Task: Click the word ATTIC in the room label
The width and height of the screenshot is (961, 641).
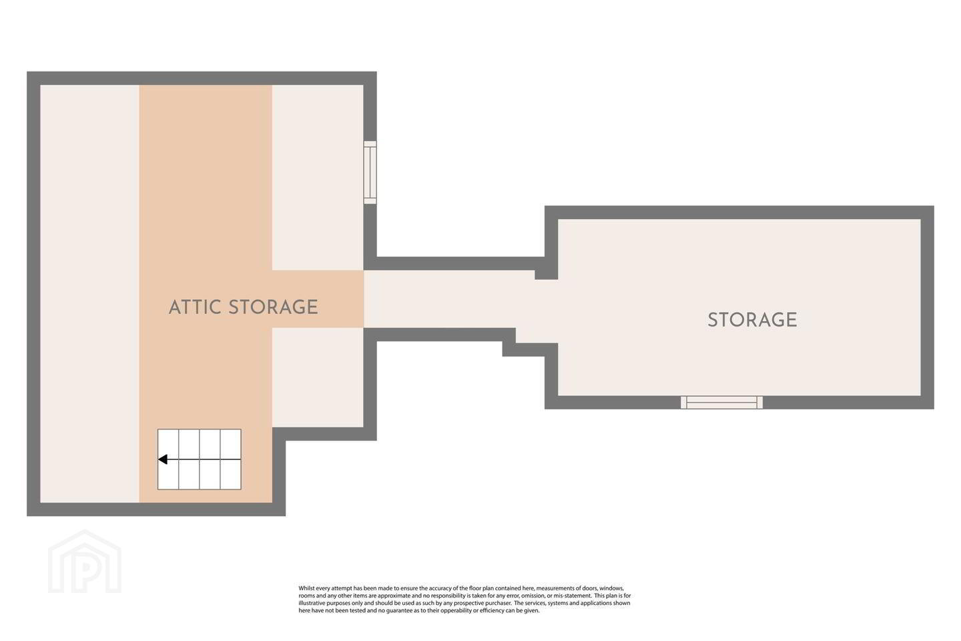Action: pos(195,307)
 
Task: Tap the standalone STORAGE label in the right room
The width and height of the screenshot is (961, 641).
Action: pos(753,320)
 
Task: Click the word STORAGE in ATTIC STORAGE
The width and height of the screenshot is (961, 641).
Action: pos(273,307)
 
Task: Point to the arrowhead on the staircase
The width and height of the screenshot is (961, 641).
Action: pos(163,459)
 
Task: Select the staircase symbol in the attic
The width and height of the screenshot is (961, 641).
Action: pos(200,459)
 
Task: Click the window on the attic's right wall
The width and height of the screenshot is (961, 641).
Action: pos(370,172)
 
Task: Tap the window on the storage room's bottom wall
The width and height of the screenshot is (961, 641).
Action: pos(721,402)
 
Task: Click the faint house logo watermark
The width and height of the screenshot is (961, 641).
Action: pos(85,562)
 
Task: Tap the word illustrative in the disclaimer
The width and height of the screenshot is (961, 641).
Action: pos(312,603)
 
